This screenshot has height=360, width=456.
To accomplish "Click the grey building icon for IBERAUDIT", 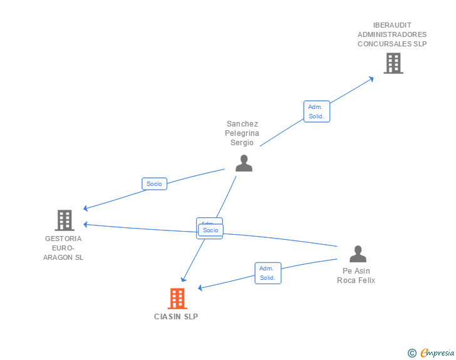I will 393,63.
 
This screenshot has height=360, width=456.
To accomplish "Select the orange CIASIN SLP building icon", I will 177,299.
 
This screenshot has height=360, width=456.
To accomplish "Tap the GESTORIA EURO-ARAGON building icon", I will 65,220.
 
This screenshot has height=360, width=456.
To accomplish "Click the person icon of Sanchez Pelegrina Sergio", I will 244,163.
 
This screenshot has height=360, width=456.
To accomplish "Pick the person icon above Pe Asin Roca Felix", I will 358,254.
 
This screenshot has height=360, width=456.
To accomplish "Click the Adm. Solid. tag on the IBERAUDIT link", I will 316,111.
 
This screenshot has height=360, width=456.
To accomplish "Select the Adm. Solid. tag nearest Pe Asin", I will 267,273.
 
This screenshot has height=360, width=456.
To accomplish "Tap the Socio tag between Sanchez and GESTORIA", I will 154,183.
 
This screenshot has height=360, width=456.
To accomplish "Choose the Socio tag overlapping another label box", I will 210,230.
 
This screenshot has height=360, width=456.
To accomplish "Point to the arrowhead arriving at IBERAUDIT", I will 371,78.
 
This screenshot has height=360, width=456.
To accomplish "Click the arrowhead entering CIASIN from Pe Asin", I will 200,288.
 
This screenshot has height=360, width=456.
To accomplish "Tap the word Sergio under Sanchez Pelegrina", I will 242,143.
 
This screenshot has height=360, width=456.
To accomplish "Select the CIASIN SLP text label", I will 176,317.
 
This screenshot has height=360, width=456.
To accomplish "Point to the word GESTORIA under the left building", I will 63,239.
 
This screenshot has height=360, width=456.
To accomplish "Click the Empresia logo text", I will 437,353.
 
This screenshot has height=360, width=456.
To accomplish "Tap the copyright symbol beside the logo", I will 412,353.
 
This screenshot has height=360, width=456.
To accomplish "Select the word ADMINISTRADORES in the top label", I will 392,34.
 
